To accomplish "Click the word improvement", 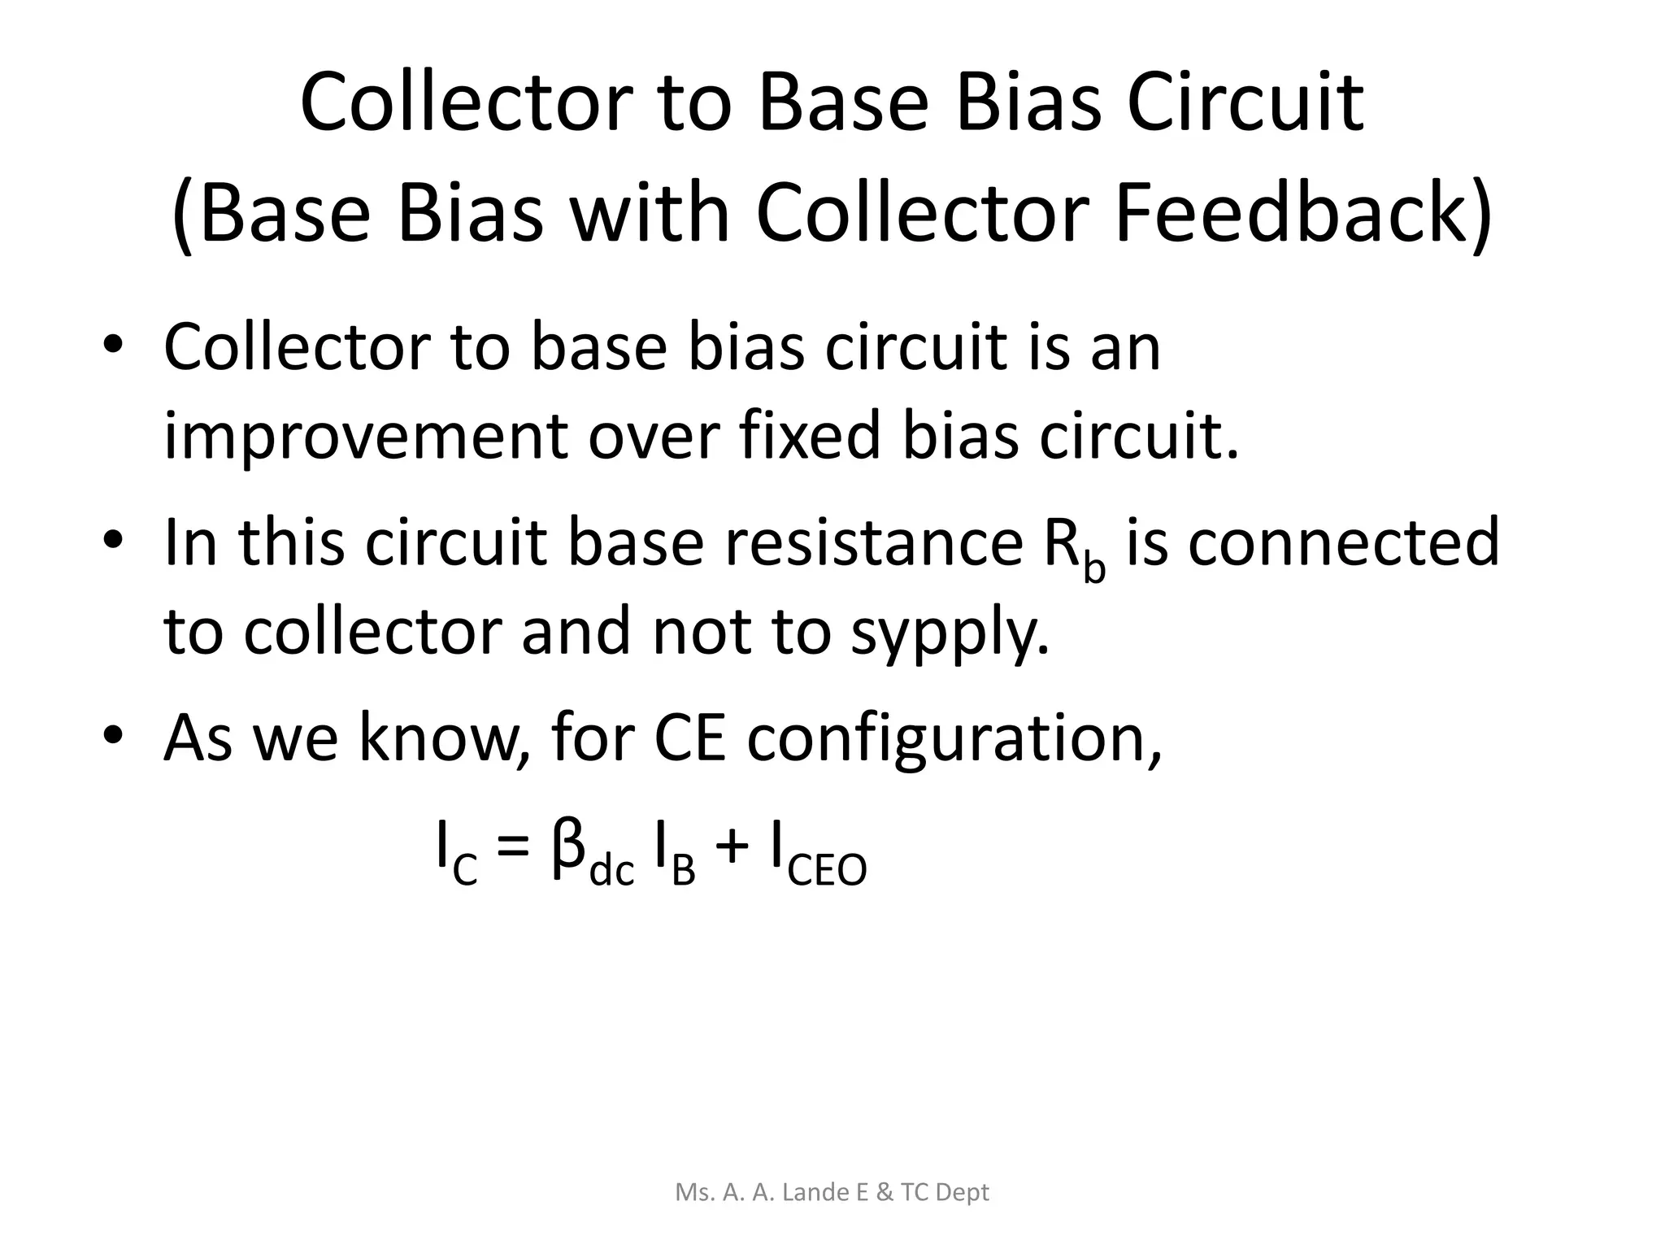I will tap(365, 437).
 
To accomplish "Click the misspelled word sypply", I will tap(950, 633).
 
